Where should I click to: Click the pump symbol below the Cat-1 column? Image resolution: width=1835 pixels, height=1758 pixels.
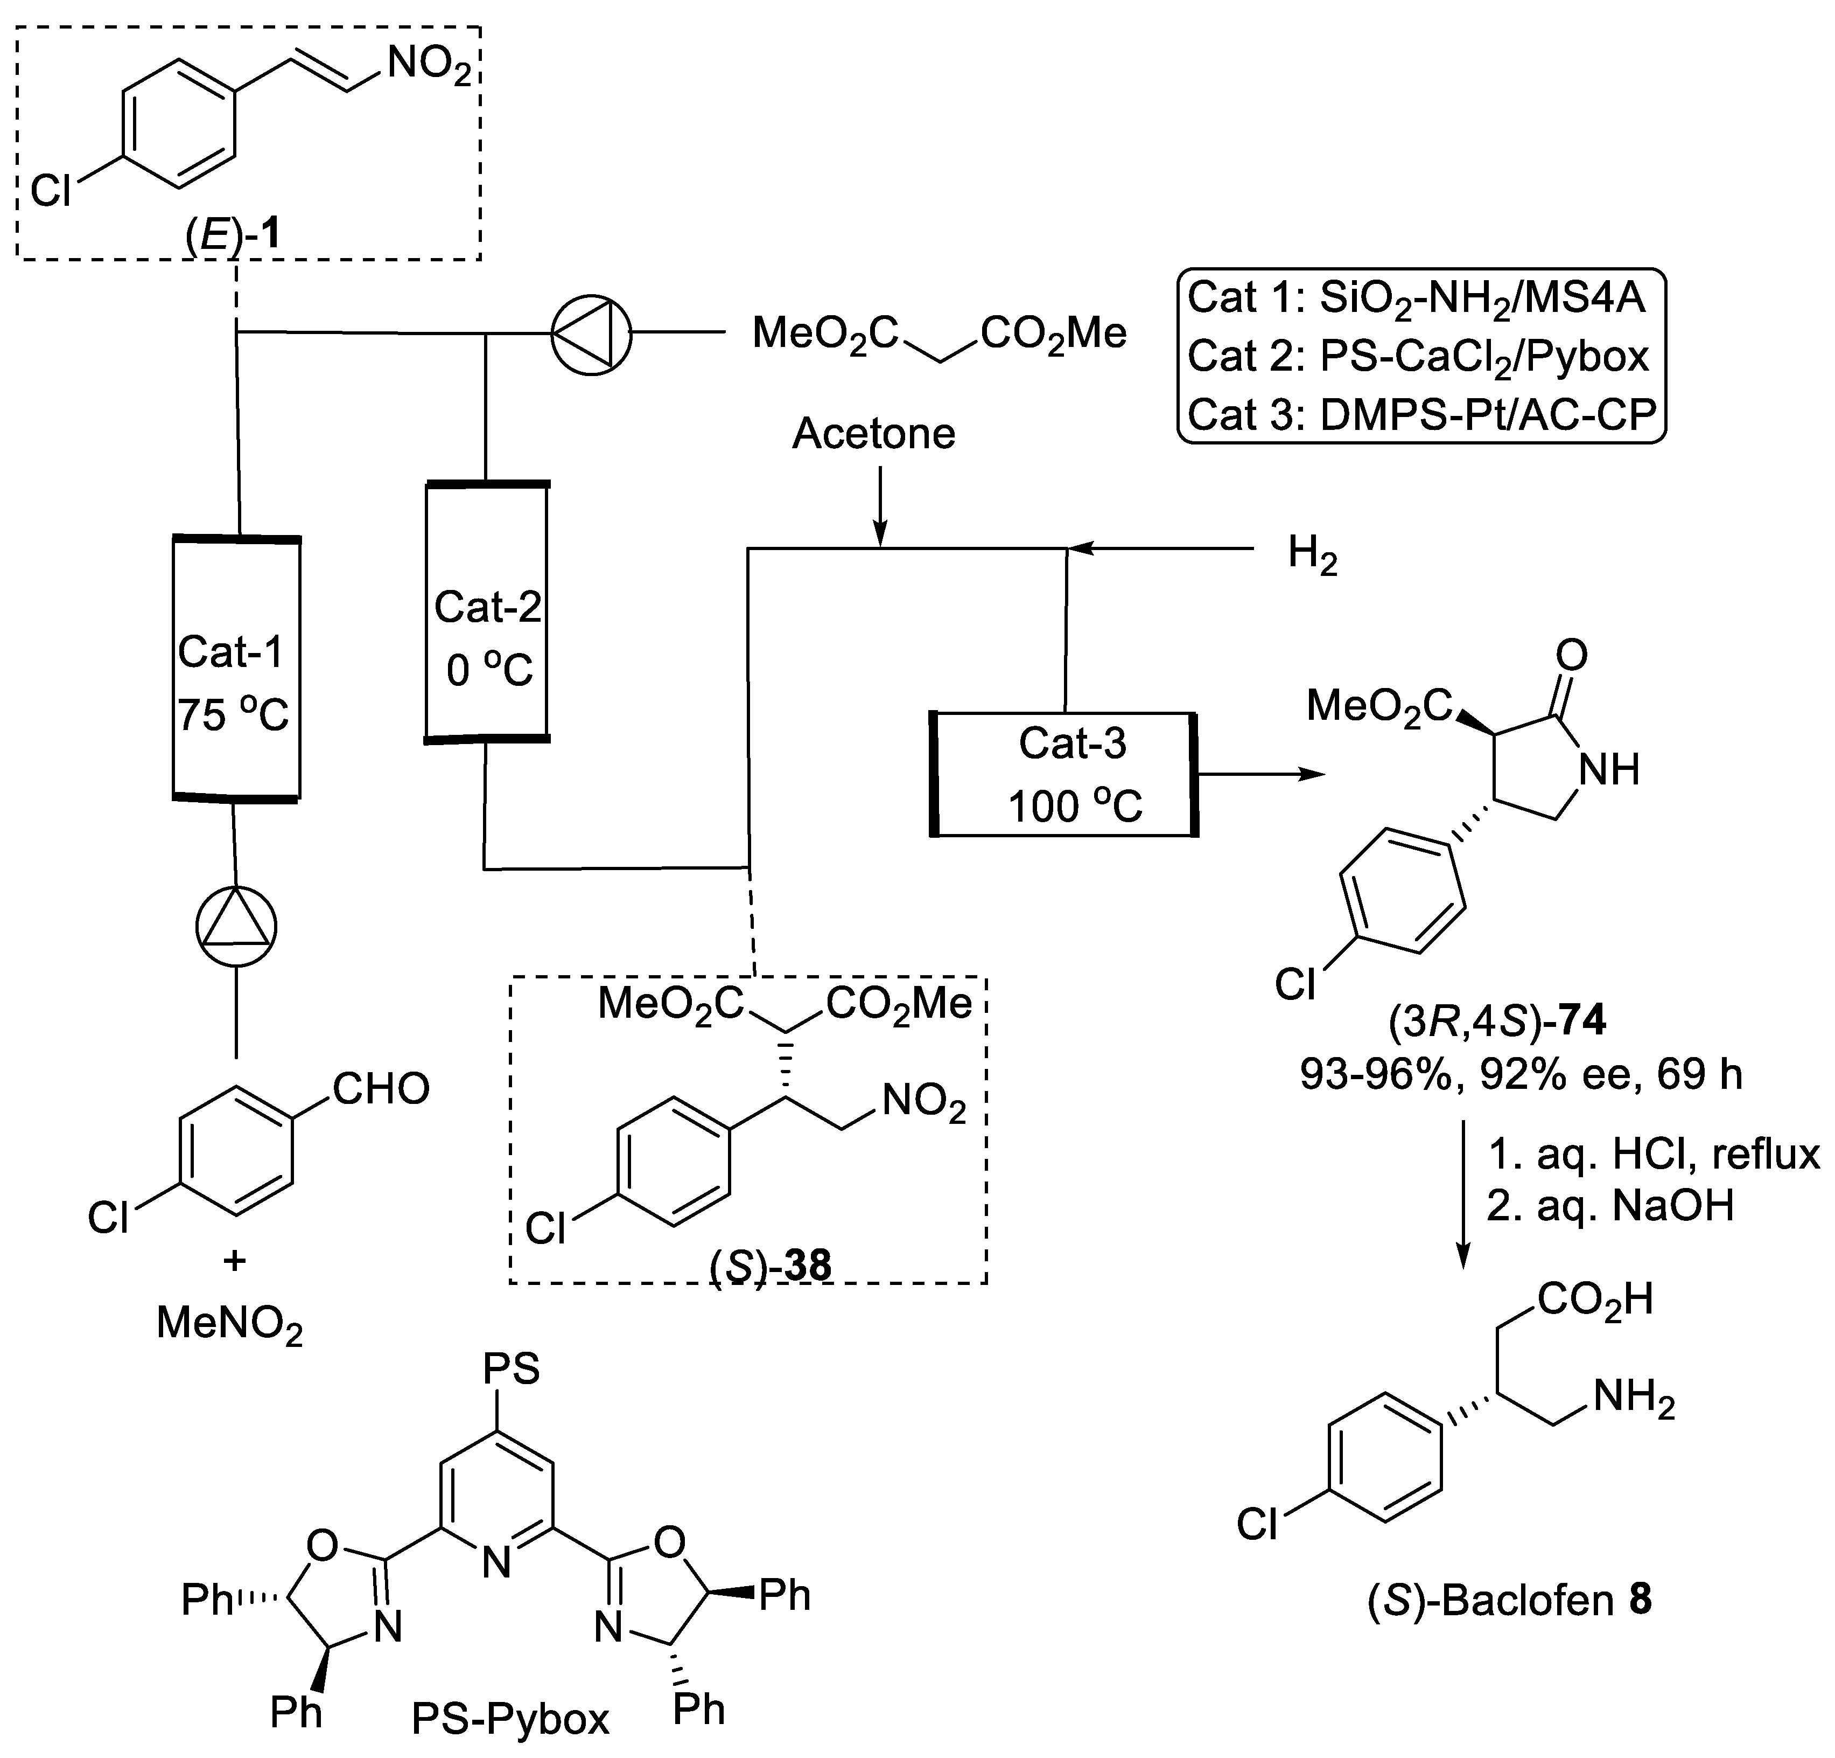(x=236, y=927)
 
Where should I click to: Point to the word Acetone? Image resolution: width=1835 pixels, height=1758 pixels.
(x=873, y=434)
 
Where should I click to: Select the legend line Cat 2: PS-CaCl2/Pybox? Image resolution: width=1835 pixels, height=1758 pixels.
(x=1418, y=357)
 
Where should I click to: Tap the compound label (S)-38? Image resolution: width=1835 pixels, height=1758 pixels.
(x=769, y=1266)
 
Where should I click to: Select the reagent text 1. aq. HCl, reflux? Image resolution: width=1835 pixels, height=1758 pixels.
(x=1652, y=1155)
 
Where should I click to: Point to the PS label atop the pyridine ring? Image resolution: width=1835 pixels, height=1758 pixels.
(x=511, y=1368)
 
